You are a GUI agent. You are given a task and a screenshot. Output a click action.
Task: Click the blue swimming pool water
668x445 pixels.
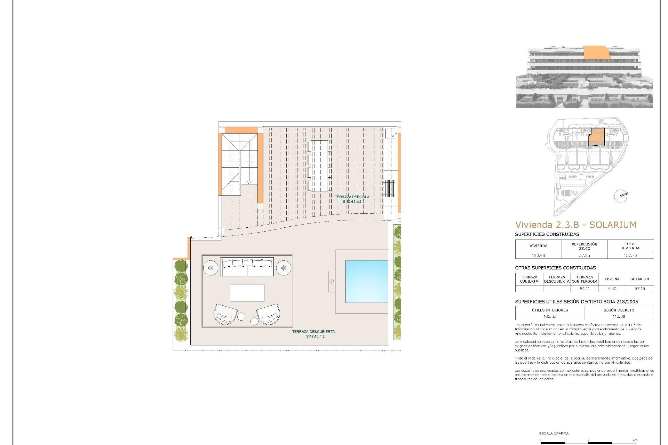(366, 281)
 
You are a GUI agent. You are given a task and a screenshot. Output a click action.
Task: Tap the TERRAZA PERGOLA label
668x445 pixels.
(352, 199)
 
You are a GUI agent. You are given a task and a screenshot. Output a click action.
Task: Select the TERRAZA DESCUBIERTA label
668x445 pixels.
(313, 334)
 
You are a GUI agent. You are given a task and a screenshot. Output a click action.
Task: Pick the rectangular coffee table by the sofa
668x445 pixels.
(247, 292)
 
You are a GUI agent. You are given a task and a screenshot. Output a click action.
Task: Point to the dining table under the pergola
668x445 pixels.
(319, 166)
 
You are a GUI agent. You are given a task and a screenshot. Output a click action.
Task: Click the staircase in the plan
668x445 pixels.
(240, 164)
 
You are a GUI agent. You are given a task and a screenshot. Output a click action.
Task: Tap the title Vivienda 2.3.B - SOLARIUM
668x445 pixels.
(576, 225)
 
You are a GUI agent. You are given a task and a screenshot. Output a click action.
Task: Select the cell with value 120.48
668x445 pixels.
(538, 255)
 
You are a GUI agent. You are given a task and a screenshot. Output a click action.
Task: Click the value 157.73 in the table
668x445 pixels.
(630, 255)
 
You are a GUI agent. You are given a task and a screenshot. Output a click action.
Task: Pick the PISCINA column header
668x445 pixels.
(612, 279)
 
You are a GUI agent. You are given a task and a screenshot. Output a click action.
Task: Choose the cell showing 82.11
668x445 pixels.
(584, 289)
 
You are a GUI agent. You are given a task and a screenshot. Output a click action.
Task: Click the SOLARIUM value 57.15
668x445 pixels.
(639, 289)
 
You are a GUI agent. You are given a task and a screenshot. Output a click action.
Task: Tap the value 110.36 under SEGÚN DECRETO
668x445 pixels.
(619, 316)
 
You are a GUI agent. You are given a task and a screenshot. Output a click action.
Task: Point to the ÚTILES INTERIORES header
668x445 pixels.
(550, 310)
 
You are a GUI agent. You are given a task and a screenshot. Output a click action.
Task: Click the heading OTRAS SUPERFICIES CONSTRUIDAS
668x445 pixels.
(555, 268)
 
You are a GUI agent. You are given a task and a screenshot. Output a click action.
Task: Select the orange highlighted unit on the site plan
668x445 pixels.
(597, 137)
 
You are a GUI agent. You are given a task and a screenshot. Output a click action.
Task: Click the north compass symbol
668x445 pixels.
(621, 196)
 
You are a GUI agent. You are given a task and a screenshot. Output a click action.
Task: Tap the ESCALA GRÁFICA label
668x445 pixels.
(554, 433)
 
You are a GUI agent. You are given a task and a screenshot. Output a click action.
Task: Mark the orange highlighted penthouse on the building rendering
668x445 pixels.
(596, 52)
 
